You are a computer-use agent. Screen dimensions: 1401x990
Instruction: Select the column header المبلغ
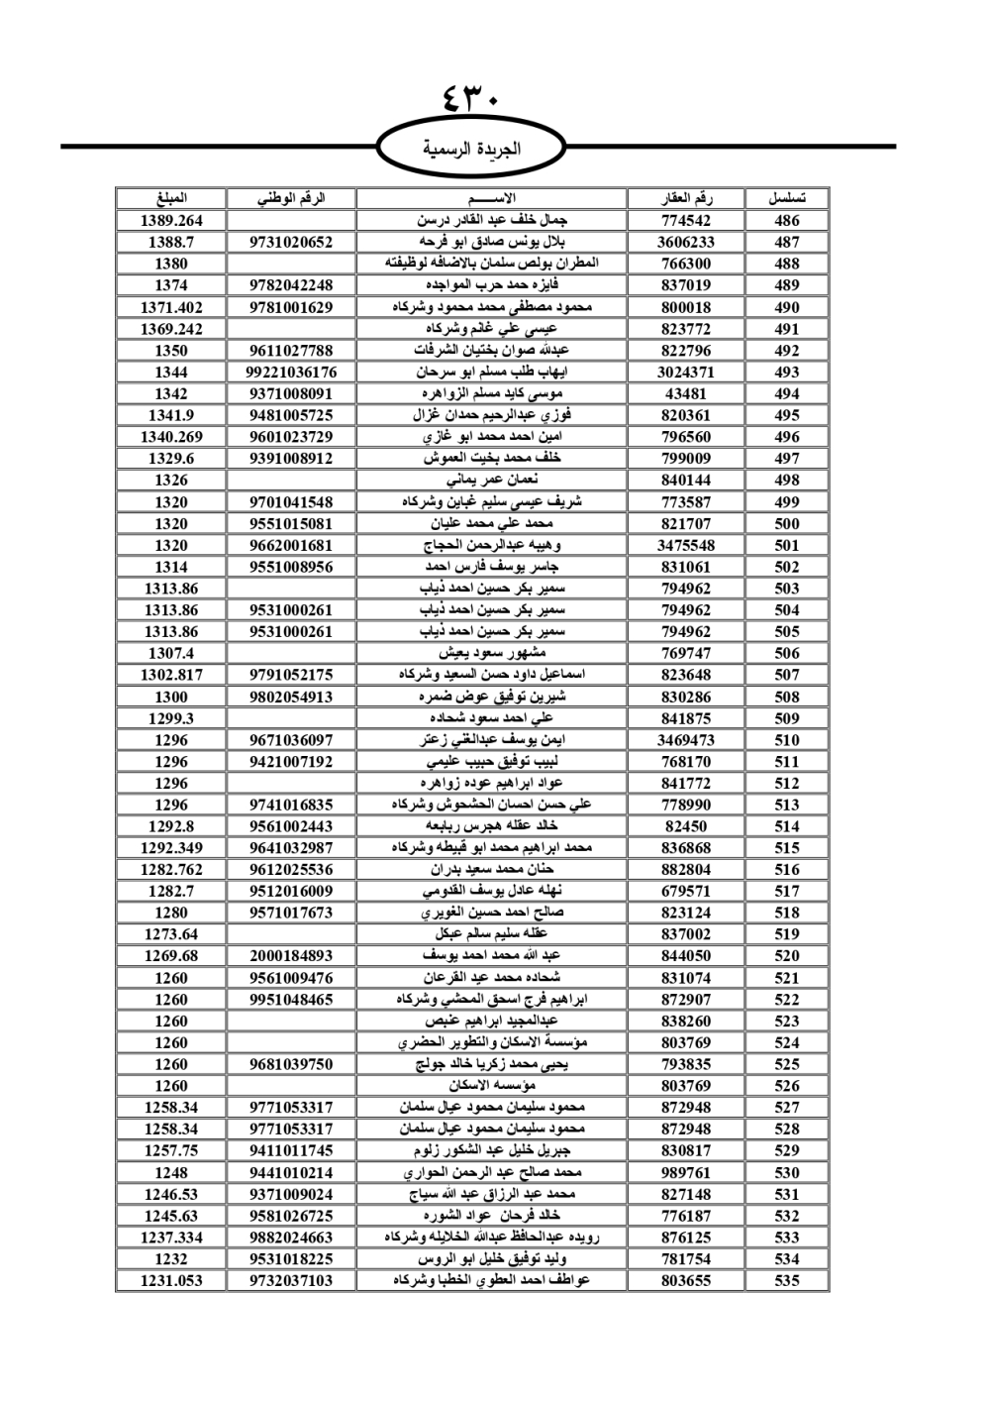point(171,198)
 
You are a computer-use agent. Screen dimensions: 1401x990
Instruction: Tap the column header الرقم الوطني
point(291,198)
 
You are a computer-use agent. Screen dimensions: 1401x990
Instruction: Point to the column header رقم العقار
point(686,198)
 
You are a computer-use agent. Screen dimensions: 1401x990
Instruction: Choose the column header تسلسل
point(787,198)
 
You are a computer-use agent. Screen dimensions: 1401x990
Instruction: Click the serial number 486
point(787,221)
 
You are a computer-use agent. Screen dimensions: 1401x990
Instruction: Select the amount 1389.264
point(171,221)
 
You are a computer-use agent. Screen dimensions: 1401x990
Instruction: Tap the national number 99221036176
point(291,373)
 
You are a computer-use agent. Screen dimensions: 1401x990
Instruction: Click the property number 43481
point(686,393)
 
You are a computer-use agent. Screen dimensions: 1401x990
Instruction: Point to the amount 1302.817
point(171,675)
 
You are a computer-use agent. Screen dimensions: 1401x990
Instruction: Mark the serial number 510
point(787,740)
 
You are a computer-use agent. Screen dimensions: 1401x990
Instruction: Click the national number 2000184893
point(291,956)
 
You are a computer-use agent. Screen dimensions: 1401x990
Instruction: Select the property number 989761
point(686,1172)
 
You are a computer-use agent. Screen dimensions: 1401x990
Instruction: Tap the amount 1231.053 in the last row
point(171,1280)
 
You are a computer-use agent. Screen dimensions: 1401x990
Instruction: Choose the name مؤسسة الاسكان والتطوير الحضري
point(492,1042)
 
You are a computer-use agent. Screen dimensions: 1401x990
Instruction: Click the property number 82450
point(686,826)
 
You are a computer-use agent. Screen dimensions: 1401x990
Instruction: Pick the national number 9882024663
point(291,1238)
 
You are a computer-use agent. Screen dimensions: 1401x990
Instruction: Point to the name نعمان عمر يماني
point(492,481)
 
